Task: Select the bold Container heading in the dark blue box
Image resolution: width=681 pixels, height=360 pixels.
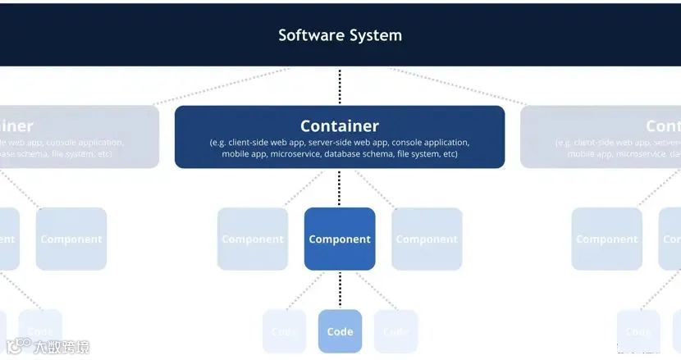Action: click(340, 126)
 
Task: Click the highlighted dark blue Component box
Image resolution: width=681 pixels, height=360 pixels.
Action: click(340, 239)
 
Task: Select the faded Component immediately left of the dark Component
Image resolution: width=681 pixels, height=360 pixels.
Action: click(253, 239)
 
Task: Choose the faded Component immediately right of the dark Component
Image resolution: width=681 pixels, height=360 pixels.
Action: click(427, 239)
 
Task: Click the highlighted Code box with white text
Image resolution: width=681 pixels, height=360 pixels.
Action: click(340, 331)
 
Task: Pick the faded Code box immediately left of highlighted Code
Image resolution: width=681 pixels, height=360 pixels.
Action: click(284, 331)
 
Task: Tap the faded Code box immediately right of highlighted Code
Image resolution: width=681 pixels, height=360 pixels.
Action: click(395, 331)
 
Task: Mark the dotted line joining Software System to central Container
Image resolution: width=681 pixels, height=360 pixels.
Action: click(340, 86)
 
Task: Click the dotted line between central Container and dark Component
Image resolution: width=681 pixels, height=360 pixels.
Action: click(340, 188)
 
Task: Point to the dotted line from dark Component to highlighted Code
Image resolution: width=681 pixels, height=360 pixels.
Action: click(340, 289)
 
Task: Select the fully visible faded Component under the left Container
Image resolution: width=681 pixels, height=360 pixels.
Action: click(71, 239)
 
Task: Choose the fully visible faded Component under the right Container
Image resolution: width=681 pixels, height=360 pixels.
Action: click(607, 239)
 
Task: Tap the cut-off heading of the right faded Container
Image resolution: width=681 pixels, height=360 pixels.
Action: click(663, 126)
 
